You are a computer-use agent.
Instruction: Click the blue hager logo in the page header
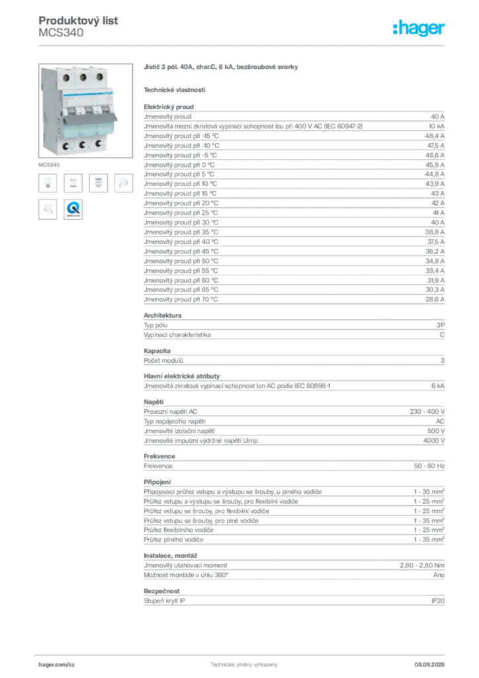[419, 29]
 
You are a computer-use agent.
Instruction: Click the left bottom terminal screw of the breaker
[67, 146]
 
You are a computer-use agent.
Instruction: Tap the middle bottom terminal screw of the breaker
[83, 144]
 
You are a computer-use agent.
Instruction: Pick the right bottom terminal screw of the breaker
[98, 143]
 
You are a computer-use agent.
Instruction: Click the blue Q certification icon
[73, 209]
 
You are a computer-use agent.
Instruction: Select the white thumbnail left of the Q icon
[48, 209]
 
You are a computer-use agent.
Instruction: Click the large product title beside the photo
[222, 68]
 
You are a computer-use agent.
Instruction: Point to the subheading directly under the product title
[175, 89]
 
